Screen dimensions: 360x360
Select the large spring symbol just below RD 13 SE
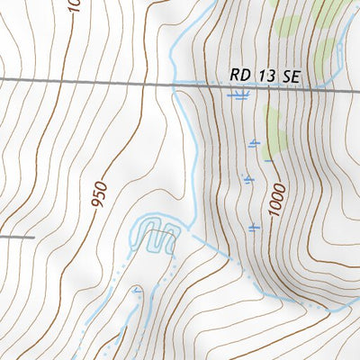238,94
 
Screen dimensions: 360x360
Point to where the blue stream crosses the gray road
176,84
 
